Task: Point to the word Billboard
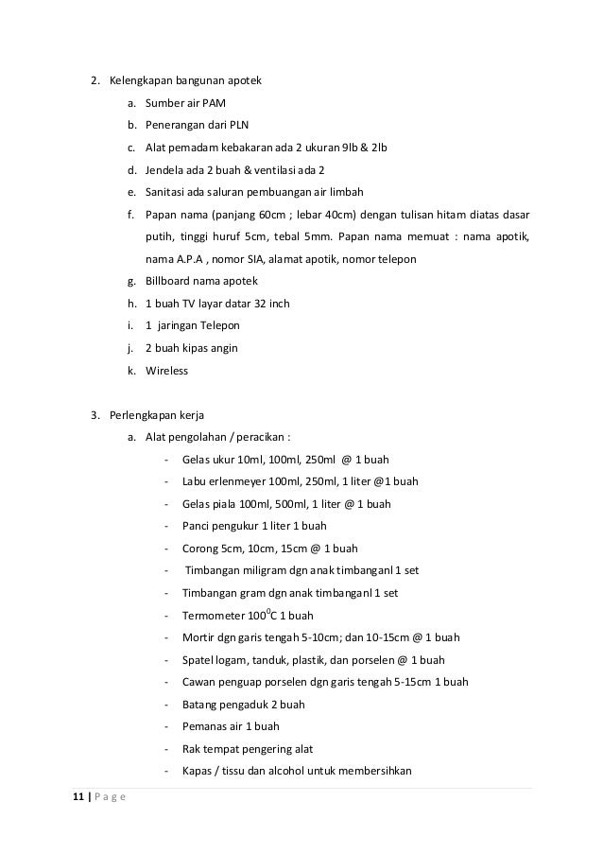point(168,281)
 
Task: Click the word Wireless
point(167,371)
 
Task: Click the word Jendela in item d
point(166,169)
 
